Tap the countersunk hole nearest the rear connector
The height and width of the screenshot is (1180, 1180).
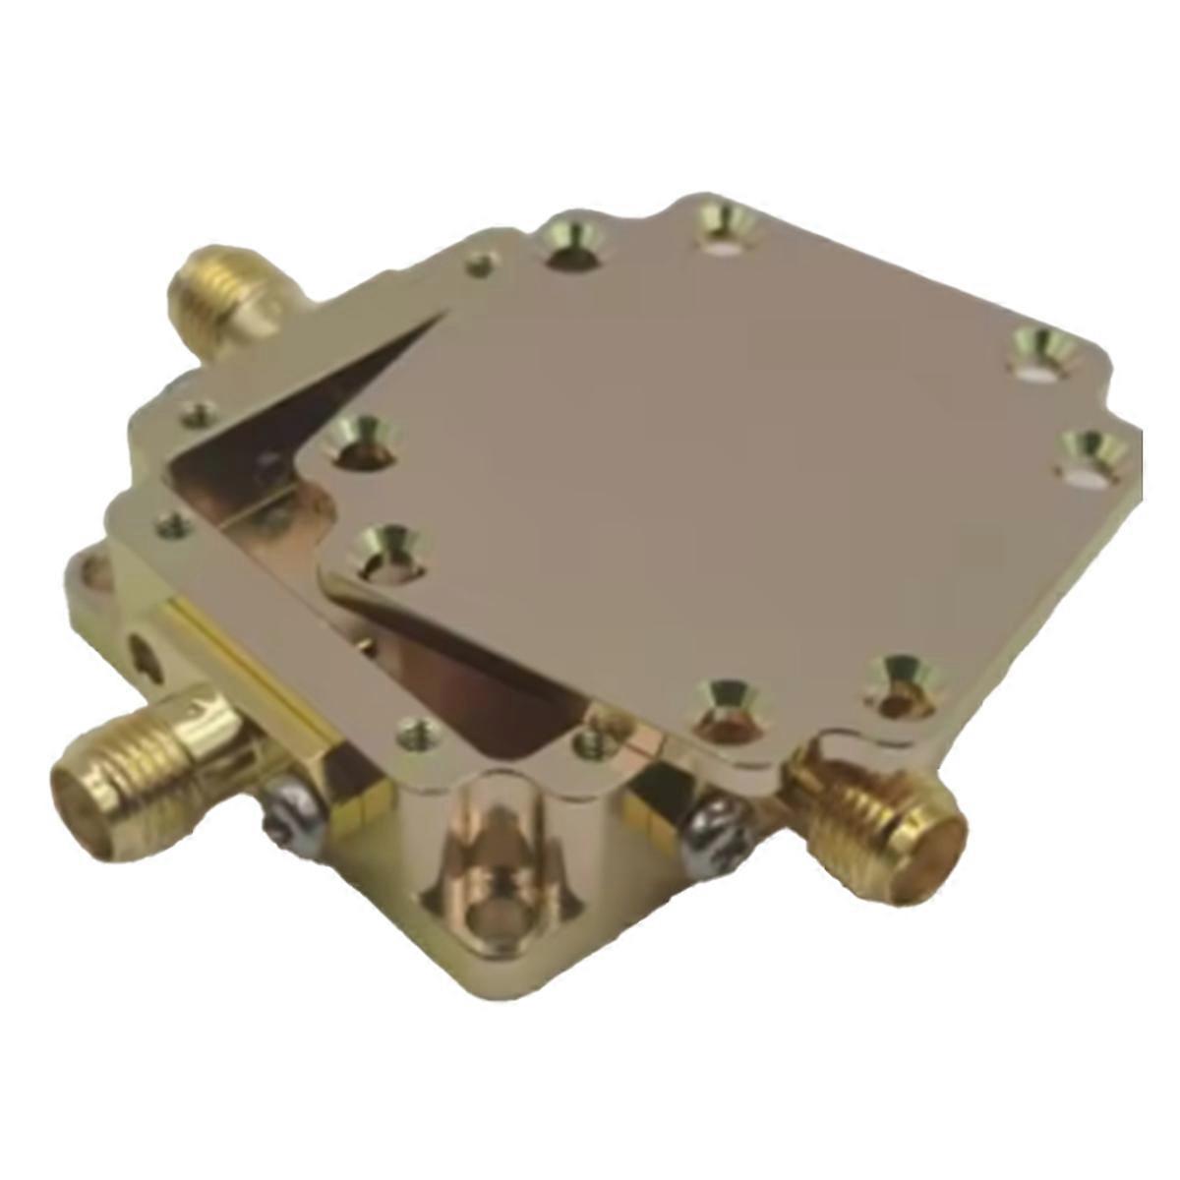click(574, 240)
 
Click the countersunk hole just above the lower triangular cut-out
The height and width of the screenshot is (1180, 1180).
click(388, 550)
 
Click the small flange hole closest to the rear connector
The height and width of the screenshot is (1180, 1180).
click(480, 264)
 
